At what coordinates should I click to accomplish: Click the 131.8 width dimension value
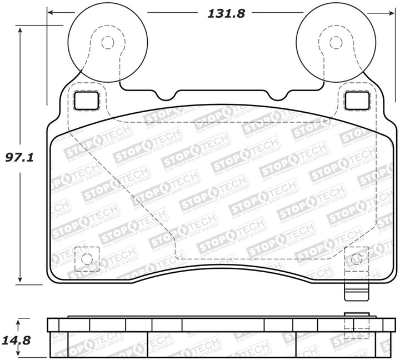pos(219,14)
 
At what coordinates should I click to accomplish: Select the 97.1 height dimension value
pos(20,157)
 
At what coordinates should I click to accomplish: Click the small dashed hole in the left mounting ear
pos(108,43)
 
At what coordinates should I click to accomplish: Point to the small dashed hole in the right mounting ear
pos(335,43)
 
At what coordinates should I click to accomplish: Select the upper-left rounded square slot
pos(86,100)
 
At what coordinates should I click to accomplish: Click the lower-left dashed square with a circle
pos(86,259)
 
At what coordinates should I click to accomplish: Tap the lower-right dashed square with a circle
pos(356,259)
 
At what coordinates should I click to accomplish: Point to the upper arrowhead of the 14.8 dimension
pos(21,322)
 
